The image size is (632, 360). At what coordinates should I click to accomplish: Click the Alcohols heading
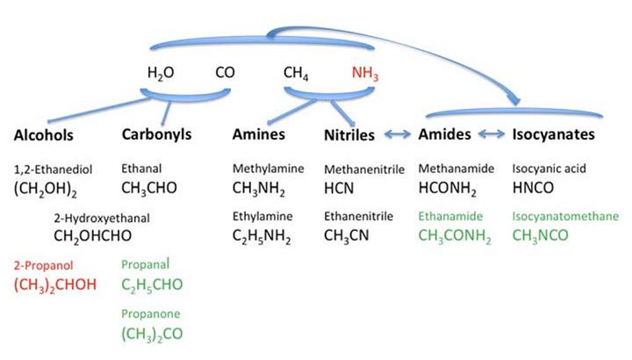(x=43, y=135)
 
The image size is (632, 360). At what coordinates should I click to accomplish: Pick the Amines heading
(x=260, y=135)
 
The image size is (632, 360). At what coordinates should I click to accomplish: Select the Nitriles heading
(x=349, y=135)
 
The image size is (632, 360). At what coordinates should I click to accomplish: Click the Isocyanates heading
(x=554, y=135)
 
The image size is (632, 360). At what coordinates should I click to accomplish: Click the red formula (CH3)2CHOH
(x=55, y=284)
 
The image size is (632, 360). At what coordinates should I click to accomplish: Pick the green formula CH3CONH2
(x=454, y=235)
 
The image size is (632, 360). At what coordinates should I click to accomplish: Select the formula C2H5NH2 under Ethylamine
(x=267, y=235)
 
